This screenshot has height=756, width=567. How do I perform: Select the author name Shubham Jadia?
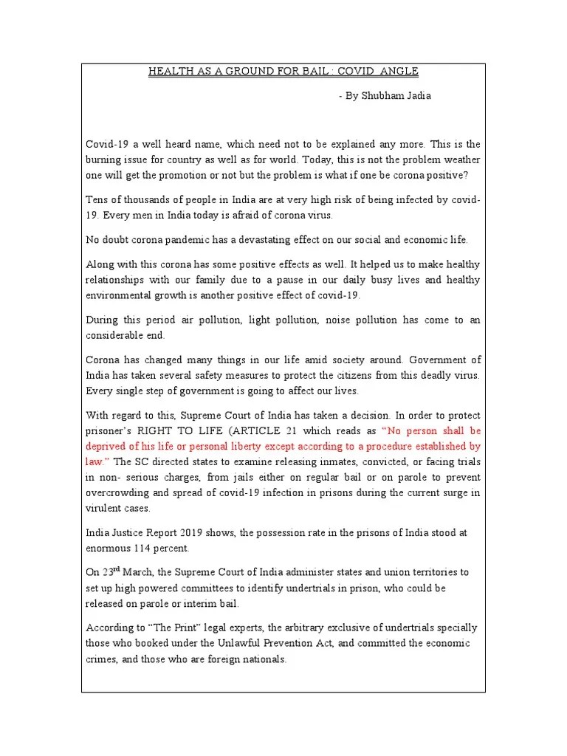tap(397, 96)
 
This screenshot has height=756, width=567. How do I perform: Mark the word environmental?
tap(123, 295)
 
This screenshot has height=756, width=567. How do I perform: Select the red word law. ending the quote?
tap(97, 462)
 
